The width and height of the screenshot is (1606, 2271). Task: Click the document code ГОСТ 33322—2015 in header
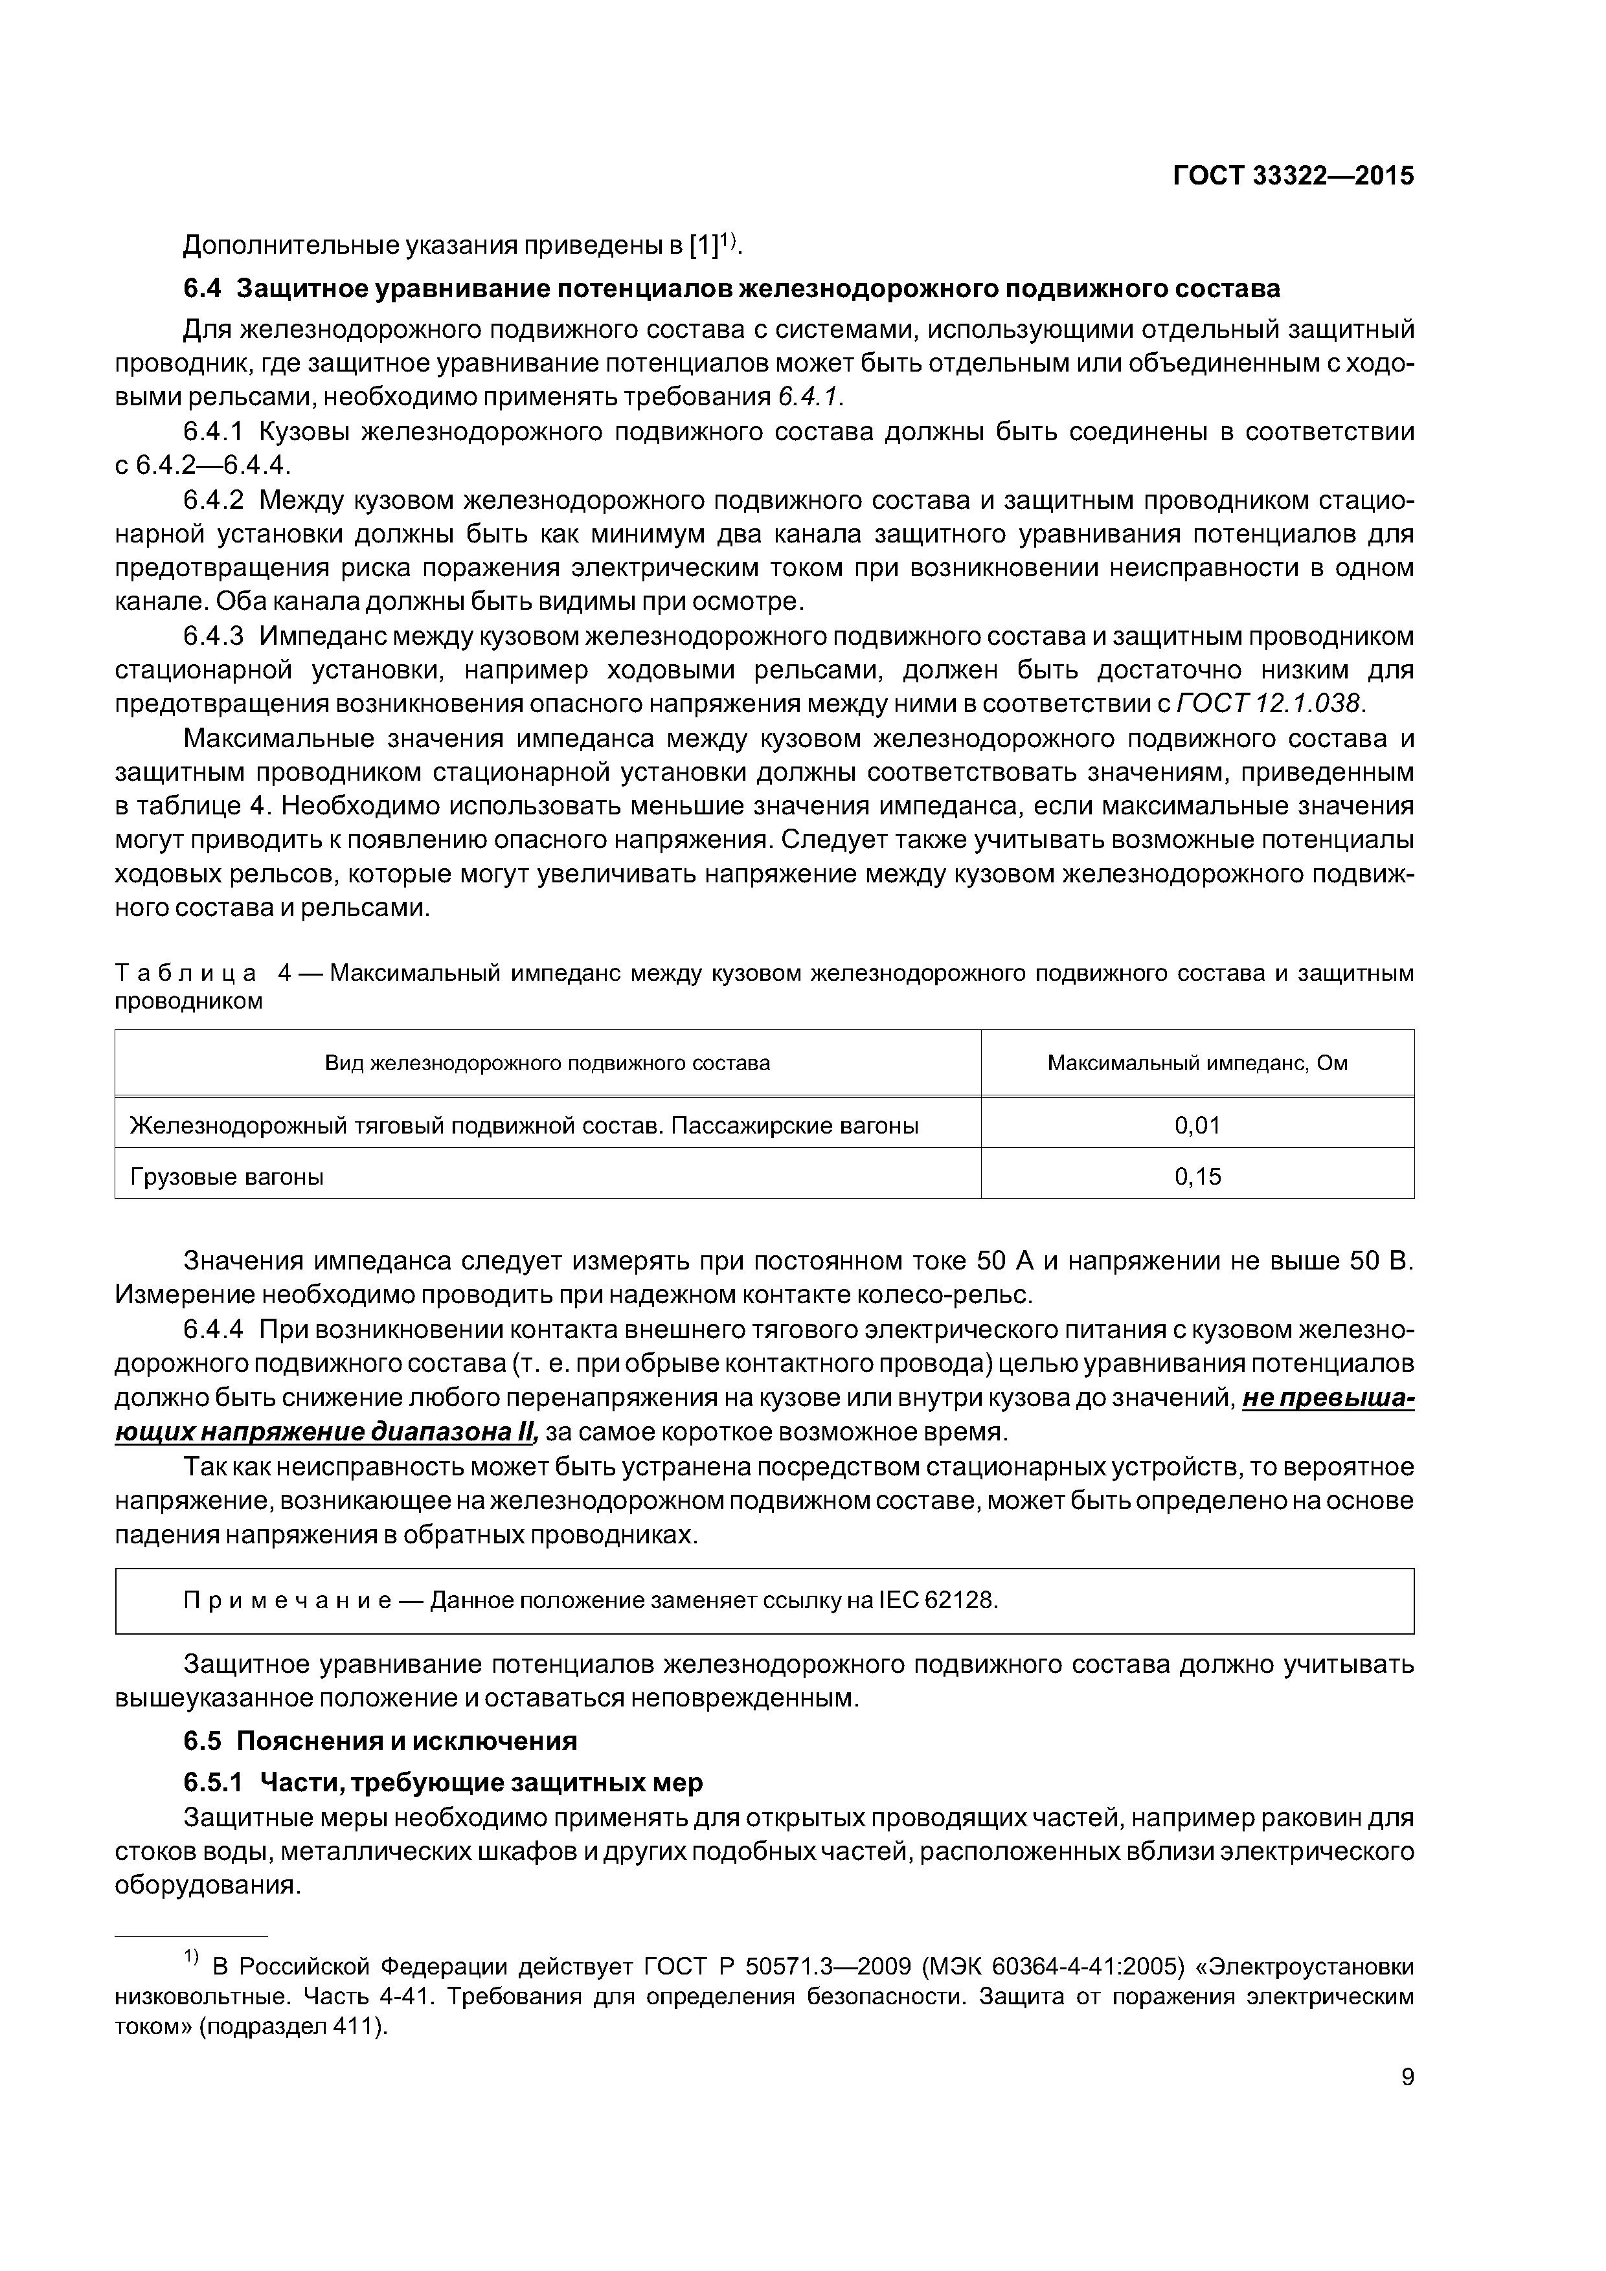pos(1293,176)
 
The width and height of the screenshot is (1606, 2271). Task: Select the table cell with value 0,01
pos(1197,1124)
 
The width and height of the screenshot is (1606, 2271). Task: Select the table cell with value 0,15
pos(1197,1176)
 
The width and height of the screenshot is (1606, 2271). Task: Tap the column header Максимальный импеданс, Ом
pos(1197,1063)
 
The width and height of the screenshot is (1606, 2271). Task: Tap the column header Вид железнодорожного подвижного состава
pos(547,1063)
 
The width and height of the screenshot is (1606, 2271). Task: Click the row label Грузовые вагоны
pos(227,1176)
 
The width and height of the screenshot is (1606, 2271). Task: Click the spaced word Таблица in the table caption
pos(186,973)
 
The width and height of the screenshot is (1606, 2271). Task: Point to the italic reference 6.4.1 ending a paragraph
pos(808,397)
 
